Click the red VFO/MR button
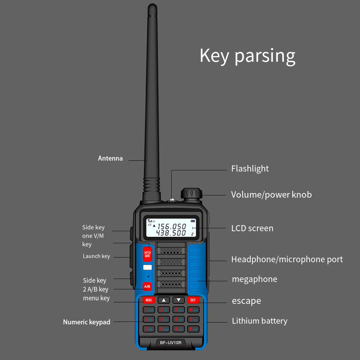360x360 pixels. coord(148,254)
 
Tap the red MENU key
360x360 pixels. coord(149,300)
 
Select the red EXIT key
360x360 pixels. coord(193,300)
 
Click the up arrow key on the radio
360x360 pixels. coord(163,300)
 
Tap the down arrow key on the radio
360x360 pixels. coord(178,300)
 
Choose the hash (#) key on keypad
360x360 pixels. coord(193,329)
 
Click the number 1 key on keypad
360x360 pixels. coord(149,310)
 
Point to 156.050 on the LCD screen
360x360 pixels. coord(172,227)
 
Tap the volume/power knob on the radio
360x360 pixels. coord(191,194)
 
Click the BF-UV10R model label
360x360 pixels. coord(170,342)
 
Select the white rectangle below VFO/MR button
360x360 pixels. coord(148,268)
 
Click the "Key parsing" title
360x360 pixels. coord(247,56)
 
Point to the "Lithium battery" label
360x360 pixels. coord(259,321)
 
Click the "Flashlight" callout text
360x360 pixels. coord(250,169)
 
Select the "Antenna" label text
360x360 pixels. coord(110,158)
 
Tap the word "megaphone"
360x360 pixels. coord(254,279)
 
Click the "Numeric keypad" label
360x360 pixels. coord(86,322)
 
